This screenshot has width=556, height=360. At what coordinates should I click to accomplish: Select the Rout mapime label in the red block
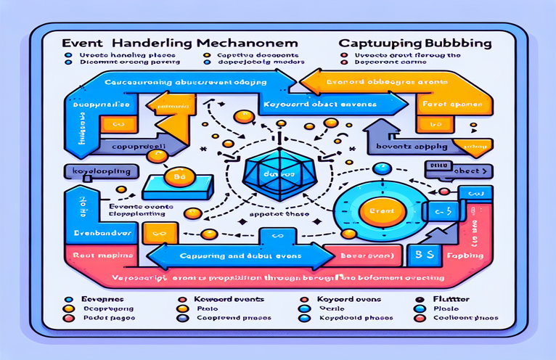pos(99,256)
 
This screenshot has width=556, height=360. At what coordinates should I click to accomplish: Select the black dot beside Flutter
pos(419,298)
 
